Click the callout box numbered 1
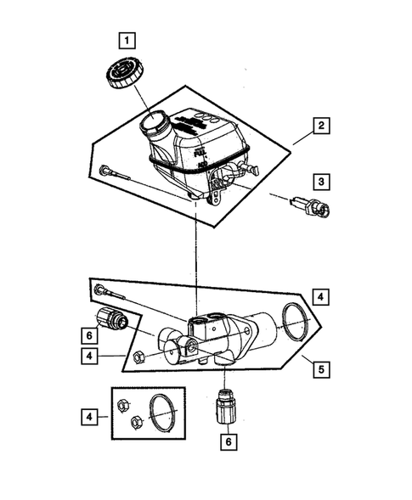pos(126,39)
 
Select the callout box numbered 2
pos(321,127)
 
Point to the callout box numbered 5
pos(321,370)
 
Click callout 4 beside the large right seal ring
pos(321,297)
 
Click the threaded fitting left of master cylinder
pos(112,320)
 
